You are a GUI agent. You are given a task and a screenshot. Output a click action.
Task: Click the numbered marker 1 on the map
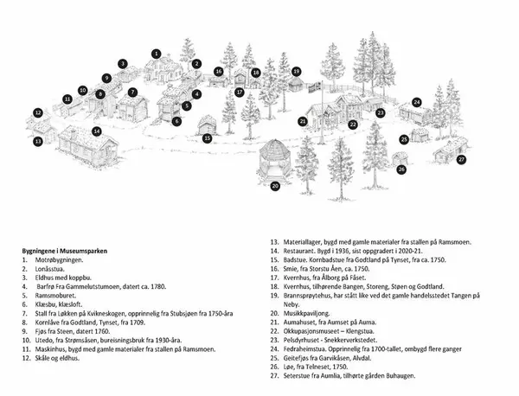(157, 53)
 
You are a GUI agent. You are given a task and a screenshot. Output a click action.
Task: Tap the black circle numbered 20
(275, 185)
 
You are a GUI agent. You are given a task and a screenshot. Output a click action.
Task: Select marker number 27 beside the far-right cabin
(461, 159)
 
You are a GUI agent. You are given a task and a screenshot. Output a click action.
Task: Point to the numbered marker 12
(38, 112)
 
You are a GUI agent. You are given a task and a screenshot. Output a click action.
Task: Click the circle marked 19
(296, 71)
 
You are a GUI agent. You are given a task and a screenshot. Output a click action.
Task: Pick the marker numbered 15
(208, 137)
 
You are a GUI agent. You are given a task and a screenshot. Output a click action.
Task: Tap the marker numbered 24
(416, 103)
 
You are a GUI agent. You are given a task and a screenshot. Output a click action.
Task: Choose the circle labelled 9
(106, 78)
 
